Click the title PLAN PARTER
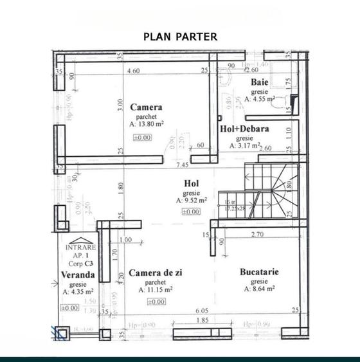pos(180,37)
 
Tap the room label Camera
pos(146,107)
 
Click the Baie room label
pos(260,83)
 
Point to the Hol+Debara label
pos(245,129)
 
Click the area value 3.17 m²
pos(247,146)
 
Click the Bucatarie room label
pos(259,272)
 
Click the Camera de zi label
pos(156,273)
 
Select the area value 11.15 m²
pos(158,290)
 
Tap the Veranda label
pos(78,275)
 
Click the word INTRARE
pos(81,247)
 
